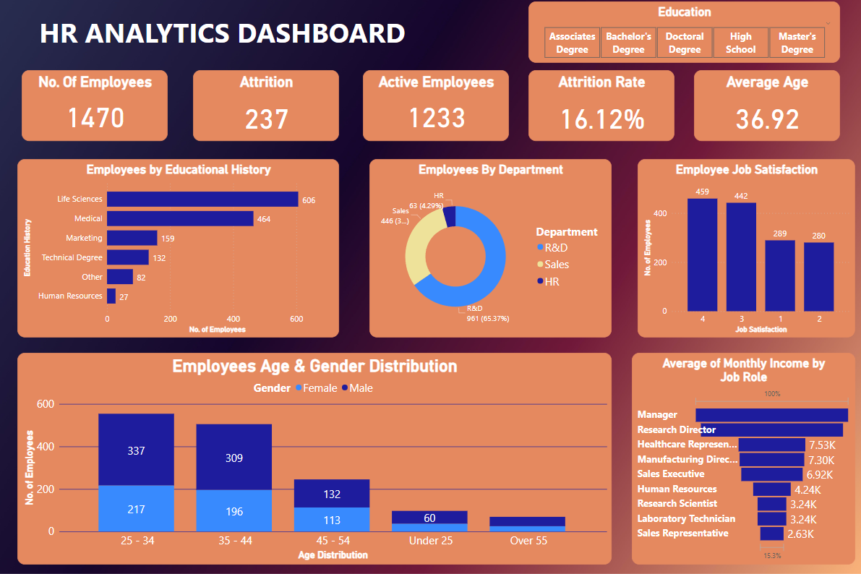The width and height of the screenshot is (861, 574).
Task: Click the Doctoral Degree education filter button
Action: pyautogui.click(x=685, y=43)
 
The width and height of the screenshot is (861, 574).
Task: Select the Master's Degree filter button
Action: pyautogui.click(x=797, y=43)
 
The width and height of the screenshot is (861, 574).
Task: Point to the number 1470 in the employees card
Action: pyautogui.click(x=95, y=118)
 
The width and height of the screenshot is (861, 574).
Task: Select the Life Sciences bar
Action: pyautogui.click(x=202, y=200)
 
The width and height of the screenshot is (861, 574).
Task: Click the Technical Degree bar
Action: pyautogui.click(x=128, y=257)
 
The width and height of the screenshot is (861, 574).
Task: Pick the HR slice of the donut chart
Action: pyautogui.click(x=450, y=215)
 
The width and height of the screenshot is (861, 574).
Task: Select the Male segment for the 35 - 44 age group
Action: pyautogui.click(x=234, y=457)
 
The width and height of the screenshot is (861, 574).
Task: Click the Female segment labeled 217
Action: pyautogui.click(x=136, y=508)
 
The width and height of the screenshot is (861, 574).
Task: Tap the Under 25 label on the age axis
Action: pyautogui.click(x=429, y=541)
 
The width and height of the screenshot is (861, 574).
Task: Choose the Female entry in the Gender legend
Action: pyautogui.click(x=316, y=388)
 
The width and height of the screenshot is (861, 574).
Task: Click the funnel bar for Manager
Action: pyautogui.click(x=771, y=415)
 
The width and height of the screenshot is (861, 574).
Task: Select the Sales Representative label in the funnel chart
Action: pyautogui.click(x=682, y=534)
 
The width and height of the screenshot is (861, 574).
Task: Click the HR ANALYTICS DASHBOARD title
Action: pyautogui.click(x=222, y=34)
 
